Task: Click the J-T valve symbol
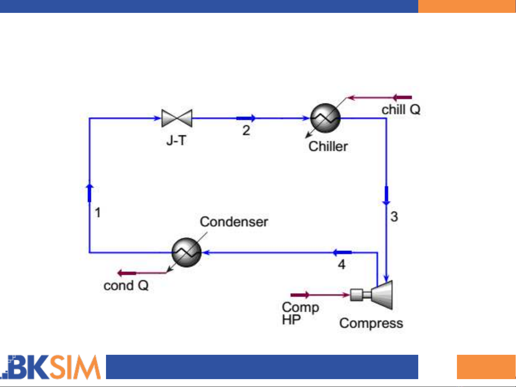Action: pos(177,118)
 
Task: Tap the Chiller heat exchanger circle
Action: pos(325,118)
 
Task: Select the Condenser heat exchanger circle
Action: pos(186,252)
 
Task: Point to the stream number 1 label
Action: pos(98,213)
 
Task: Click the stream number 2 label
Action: pos(246,130)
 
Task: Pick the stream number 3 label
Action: pos(394,217)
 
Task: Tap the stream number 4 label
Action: pos(342,265)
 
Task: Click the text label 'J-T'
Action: pos(176,140)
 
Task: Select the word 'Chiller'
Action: pos(328,146)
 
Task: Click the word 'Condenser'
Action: pos(234,222)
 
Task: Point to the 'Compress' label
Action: pos(371,323)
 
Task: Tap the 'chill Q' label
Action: pos(401,110)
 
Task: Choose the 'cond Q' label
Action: pos(126,286)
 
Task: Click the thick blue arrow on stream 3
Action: pos(386,195)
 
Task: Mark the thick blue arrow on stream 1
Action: pos(90,193)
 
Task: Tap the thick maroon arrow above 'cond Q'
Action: pos(127,274)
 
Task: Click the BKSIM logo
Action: pos(52,367)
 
